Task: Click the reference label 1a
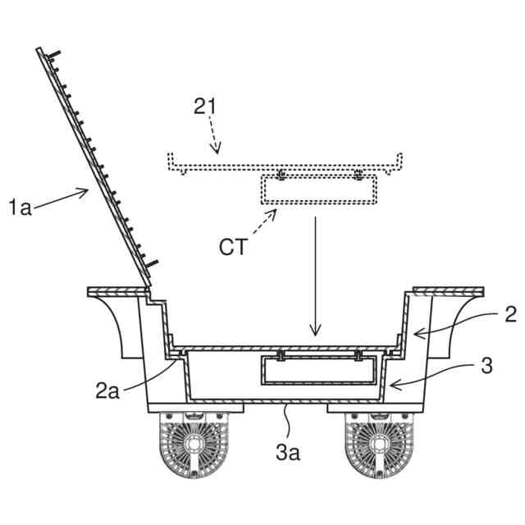(21, 208)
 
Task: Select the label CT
(233, 246)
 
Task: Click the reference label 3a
(287, 450)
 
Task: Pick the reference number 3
(486, 366)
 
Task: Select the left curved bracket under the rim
(119, 324)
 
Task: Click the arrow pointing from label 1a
(62, 199)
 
